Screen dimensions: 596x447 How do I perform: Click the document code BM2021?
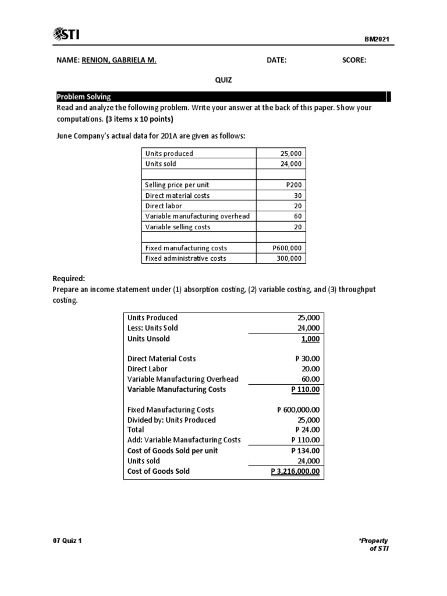tap(377, 40)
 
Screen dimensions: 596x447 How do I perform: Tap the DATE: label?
tap(276, 61)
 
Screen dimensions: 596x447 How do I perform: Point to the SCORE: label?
tap(354, 61)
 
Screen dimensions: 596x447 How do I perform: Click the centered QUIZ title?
tap(223, 80)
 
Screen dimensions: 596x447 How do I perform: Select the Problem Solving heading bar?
tap(221, 97)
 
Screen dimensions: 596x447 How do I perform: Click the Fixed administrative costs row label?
tap(186, 258)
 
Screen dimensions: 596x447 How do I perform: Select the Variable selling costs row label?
tap(178, 227)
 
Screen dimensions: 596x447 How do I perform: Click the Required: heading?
tap(73, 279)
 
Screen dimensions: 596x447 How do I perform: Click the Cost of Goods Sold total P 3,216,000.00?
tap(296, 471)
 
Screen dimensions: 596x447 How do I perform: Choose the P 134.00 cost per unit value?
tap(305, 450)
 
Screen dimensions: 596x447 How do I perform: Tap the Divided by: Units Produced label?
tap(171, 420)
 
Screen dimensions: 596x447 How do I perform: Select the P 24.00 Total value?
tap(307, 430)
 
